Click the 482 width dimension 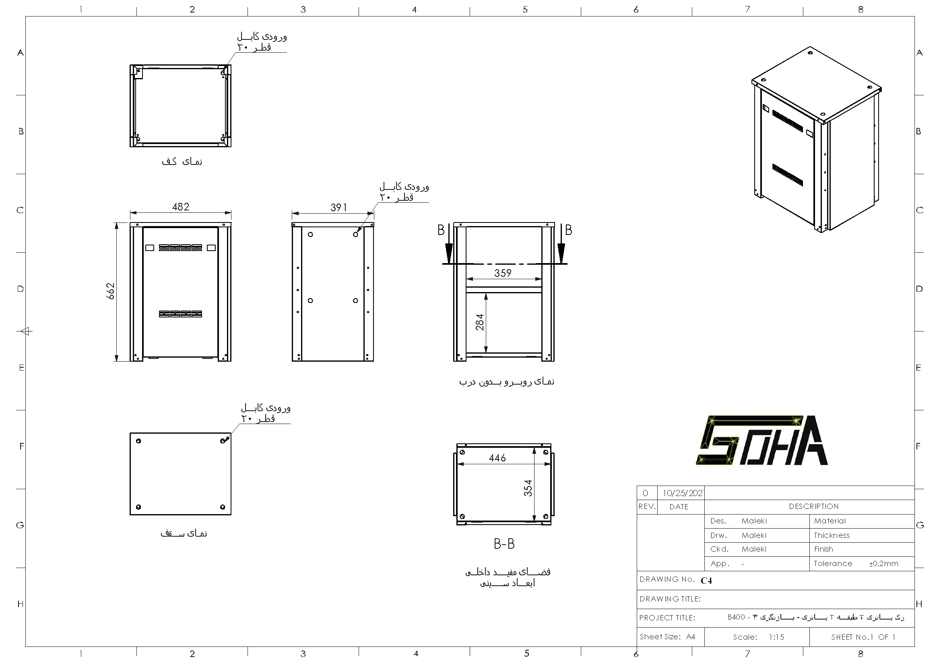pos(180,207)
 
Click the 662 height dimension pos(111,291)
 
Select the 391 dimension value pos(338,208)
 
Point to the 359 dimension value pos(502,273)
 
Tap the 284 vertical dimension pos(479,322)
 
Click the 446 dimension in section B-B pos(497,458)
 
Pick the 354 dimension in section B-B pos(528,488)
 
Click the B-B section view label pos(504,544)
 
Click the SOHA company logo pos(761,441)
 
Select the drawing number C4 pos(706,580)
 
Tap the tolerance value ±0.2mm pos(883,563)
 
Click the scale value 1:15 pos(776,637)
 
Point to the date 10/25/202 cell pos(682,493)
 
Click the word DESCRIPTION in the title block pos(813,506)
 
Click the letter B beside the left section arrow pos(441,230)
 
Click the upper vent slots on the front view pos(180,247)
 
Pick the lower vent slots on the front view pos(180,314)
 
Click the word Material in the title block pos(830,521)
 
